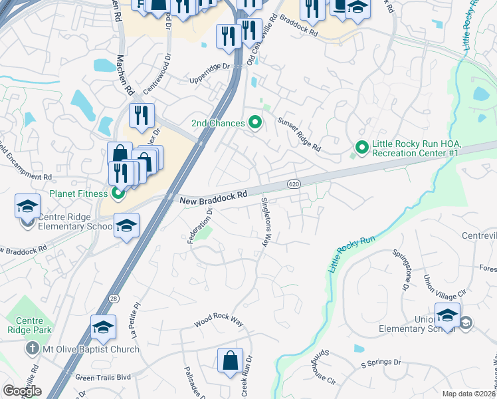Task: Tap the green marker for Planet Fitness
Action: point(118,194)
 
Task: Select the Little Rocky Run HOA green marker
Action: point(362,147)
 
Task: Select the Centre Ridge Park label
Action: point(25,325)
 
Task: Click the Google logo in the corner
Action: point(22,390)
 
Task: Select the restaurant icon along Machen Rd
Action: point(142,114)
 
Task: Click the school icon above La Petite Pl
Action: point(103,327)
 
